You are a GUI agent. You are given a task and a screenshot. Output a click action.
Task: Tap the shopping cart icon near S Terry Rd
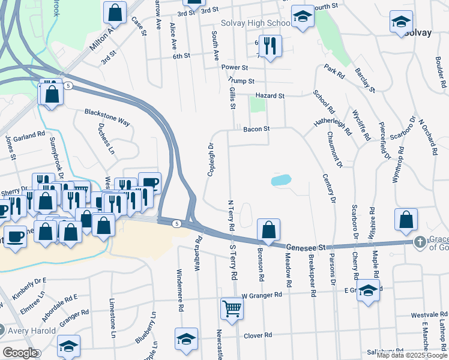click(x=231, y=308)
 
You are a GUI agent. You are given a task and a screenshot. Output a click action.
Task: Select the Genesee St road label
click(x=305, y=247)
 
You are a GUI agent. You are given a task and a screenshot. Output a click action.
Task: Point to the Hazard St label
click(x=270, y=95)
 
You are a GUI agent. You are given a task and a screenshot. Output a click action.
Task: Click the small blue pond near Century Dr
click(x=281, y=180)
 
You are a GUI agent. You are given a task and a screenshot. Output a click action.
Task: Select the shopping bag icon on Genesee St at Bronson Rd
click(x=268, y=229)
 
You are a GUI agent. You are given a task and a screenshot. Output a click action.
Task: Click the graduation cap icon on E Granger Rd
click(x=368, y=291)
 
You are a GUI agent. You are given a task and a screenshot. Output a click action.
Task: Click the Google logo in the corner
click(x=20, y=353)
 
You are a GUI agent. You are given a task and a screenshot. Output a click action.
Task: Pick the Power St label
click(x=235, y=67)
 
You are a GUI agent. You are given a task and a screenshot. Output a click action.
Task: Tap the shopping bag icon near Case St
click(x=115, y=11)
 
